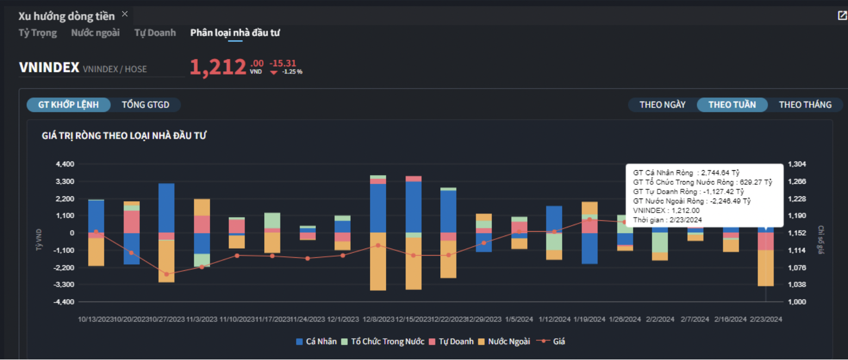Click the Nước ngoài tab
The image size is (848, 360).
(95, 33)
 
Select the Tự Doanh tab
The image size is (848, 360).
(155, 33)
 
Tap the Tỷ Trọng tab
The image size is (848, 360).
(38, 33)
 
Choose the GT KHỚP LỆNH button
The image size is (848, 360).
(68, 105)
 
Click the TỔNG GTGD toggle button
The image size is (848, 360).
(146, 105)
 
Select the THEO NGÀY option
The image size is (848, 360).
(663, 104)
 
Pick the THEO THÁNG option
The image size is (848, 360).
(805, 104)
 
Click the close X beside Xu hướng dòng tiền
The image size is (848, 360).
(124, 14)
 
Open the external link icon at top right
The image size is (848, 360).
(842, 16)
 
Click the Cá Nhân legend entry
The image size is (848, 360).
(314, 342)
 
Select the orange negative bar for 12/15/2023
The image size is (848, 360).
(413, 264)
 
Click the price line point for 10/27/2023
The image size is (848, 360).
(166, 274)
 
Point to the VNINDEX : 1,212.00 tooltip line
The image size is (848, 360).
(667, 210)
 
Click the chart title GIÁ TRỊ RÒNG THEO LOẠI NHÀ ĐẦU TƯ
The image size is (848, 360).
(124, 135)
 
